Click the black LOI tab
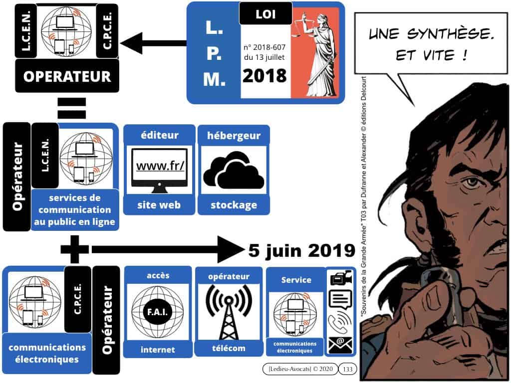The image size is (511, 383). pyautogui.click(x=265, y=13)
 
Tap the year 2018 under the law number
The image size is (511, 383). pyautogui.click(x=264, y=76)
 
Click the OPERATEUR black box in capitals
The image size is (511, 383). pyautogui.click(x=67, y=76)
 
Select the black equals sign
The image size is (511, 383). pyautogui.click(x=72, y=108)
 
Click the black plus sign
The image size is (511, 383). pyautogui.click(x=75, y=249)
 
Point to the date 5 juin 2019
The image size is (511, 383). pyautogui.click(x=301, y=251)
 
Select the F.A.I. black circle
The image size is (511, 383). pyautogui.click(x=157, y=312)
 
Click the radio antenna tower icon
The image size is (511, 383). pyautogui.click(x=229, y=312)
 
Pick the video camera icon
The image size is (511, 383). pyautogui.click(x=341, y=278)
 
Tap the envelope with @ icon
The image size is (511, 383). pyautogui.click(x=340, y=345)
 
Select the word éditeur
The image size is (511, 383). pyautogui.click(x=159, y=135)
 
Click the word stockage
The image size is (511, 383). pyautogui.click(x=234, y=205)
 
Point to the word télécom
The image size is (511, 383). pyautogui.click(x=229, y=348)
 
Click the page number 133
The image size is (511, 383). pyautogui.click(x=348, y=369)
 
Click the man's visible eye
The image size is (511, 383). pyautogui.click(x=470, y=182)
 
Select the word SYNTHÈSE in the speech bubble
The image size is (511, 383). pyautogui.click(x=450, y=33)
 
